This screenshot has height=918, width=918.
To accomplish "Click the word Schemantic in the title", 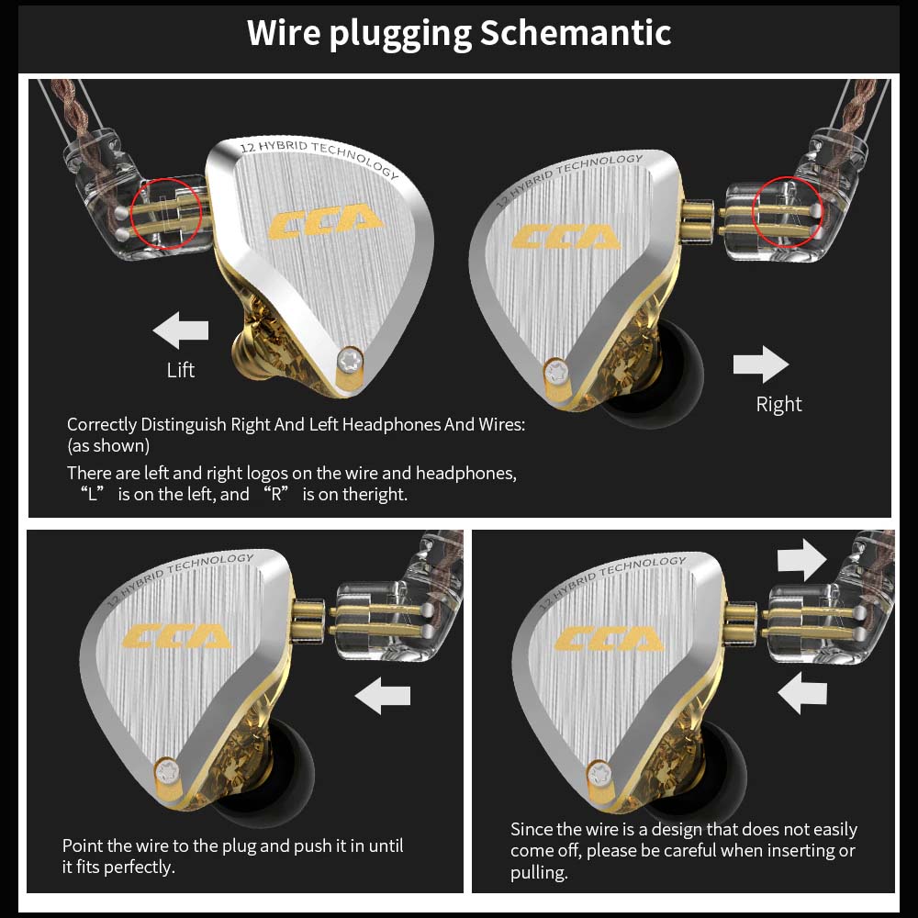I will click(x=576, y=33).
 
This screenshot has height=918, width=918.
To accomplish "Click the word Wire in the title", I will click(x=285, y=33).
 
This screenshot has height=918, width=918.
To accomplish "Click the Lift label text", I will click(x=181, y=370).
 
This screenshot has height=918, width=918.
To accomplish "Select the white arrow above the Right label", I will click(x=761, y=364).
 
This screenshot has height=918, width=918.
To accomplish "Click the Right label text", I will click(x=778, y=405).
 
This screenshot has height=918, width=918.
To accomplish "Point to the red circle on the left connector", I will click(x=167, y=214).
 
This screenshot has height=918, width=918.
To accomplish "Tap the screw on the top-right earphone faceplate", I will click(x=555, y=372).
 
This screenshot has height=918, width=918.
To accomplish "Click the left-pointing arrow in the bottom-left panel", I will click(x=382, y=695).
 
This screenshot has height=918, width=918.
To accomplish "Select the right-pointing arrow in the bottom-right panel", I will click(x=801, y=559).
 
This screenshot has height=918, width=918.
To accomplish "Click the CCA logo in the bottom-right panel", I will click(x=610, y=638).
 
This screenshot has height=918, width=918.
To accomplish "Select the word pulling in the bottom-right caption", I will click(x=539, y=872).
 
